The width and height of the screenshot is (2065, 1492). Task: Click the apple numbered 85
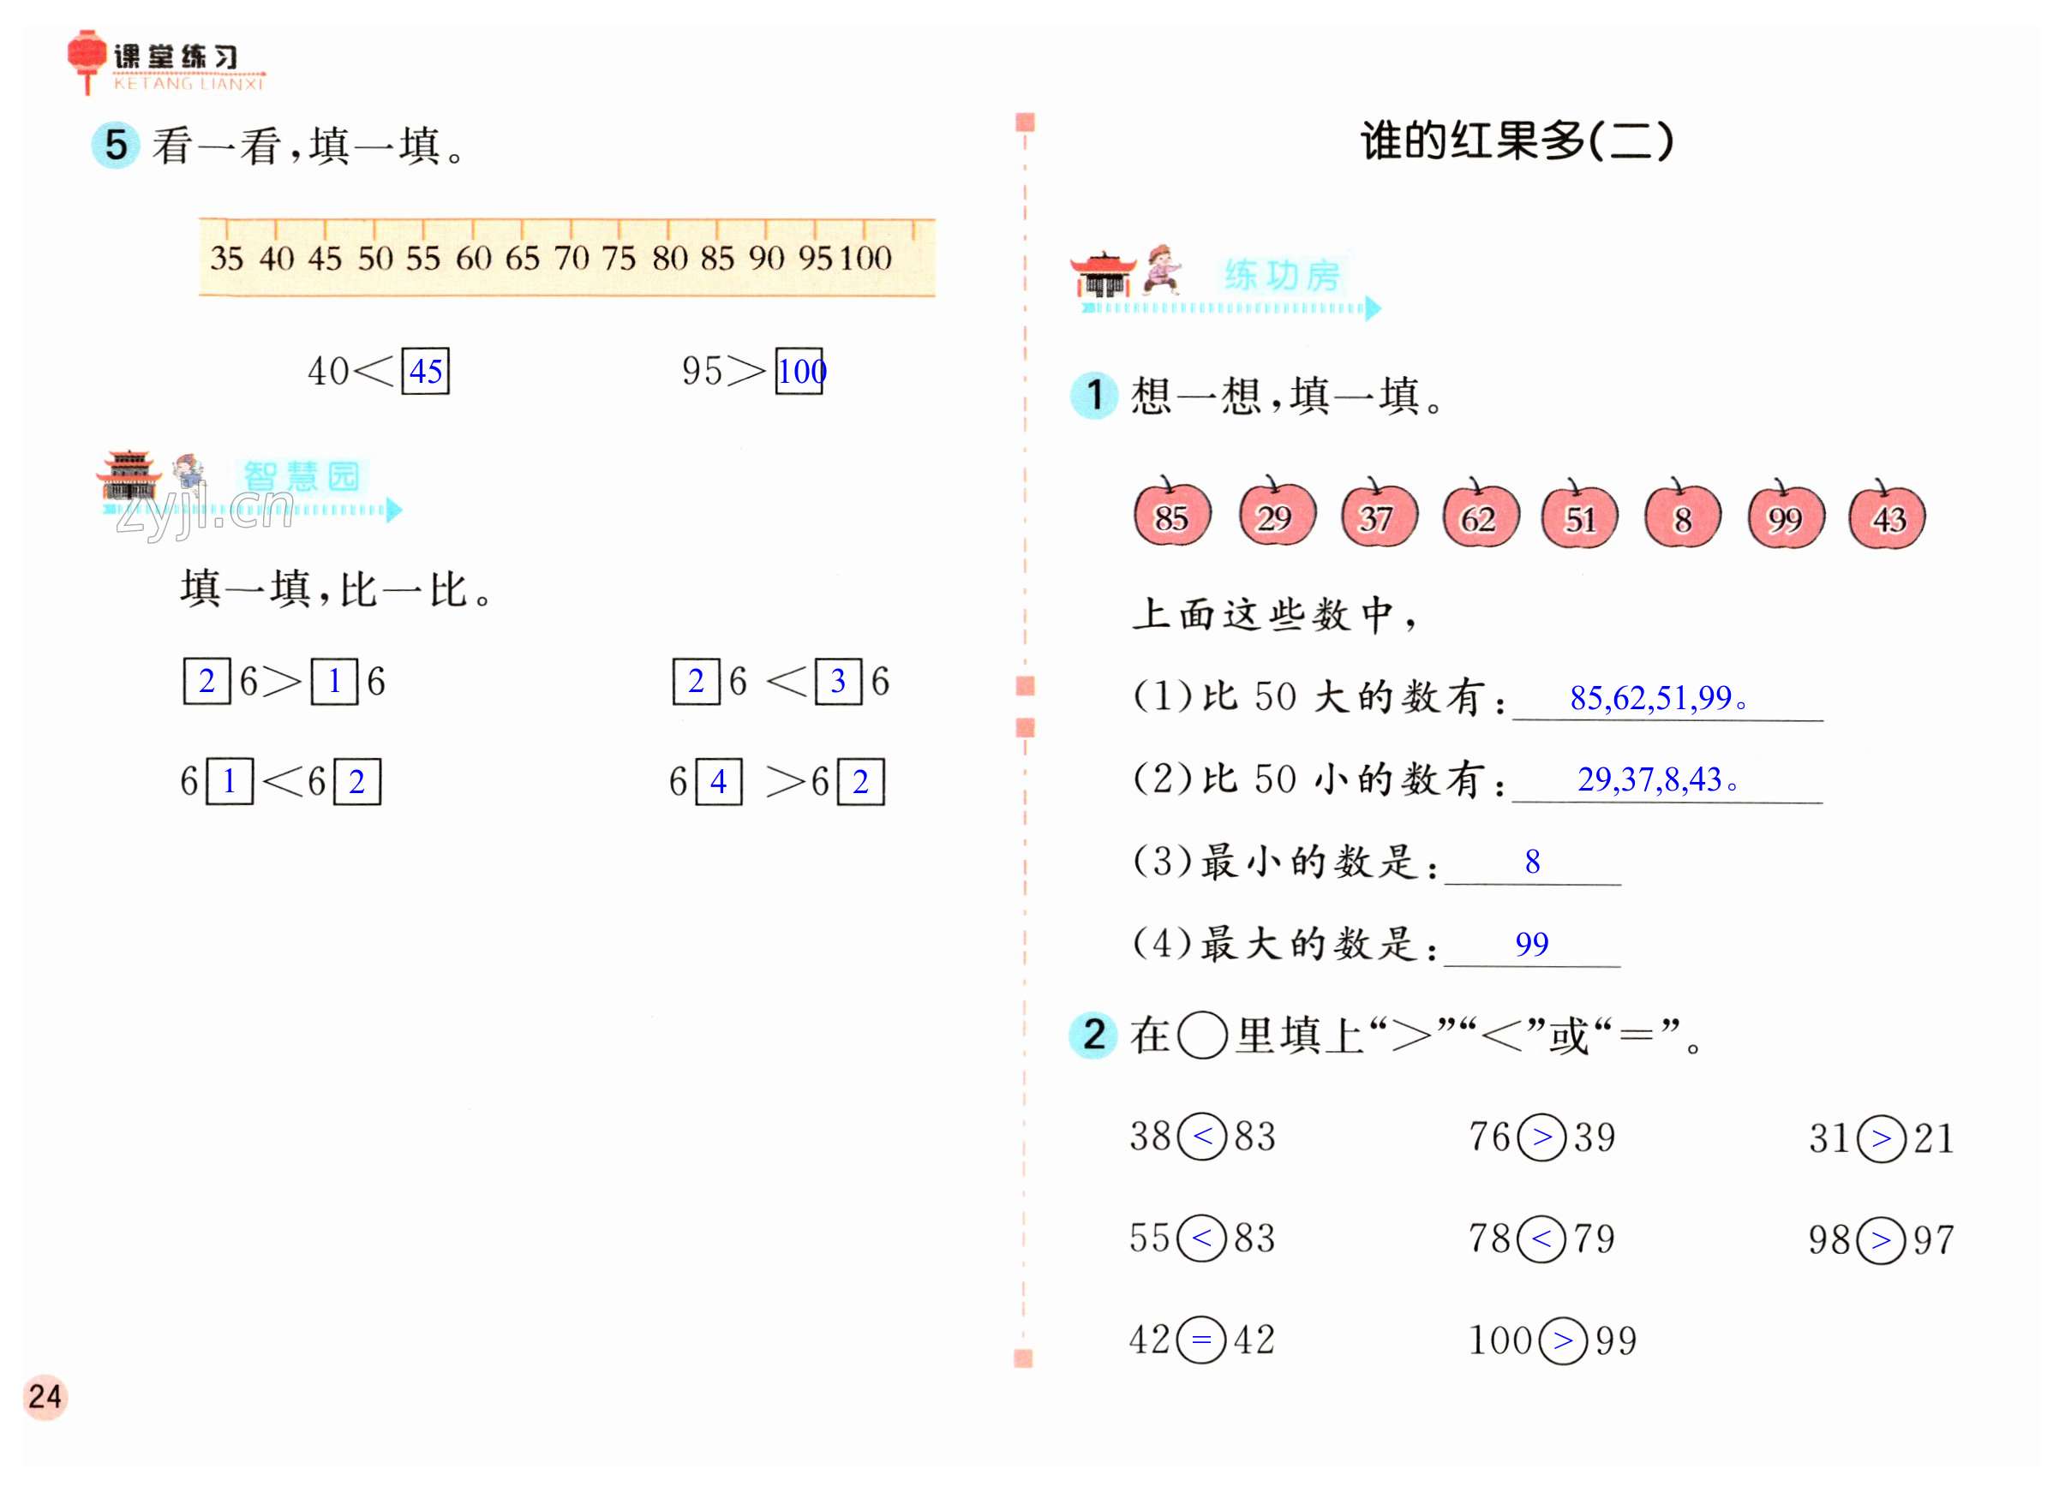(1172, 516)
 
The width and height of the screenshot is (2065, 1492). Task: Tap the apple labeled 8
(1682, 516)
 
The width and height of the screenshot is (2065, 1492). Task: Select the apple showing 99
(1785, 516)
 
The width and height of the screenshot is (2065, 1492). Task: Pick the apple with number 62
(1479, 516)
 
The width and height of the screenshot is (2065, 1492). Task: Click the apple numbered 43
(1888, 516)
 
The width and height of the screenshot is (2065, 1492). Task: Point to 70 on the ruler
(571, 259)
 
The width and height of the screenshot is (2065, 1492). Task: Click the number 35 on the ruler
(227, 259)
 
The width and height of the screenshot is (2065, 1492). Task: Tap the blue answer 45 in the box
(425, 372)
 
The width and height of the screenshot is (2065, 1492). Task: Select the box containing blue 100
(799, 372)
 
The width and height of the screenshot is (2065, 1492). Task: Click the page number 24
(45, 1396)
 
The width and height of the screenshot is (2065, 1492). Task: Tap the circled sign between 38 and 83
(1203, 1136)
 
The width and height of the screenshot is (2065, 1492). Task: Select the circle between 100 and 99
(1564, 1340)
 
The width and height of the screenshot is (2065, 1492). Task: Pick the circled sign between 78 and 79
(1541, 1238)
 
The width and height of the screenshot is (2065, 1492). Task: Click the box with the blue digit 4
(718, 782)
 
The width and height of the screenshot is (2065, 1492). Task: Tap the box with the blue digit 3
(838, 681)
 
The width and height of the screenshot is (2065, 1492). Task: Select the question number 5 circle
(116, 146)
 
